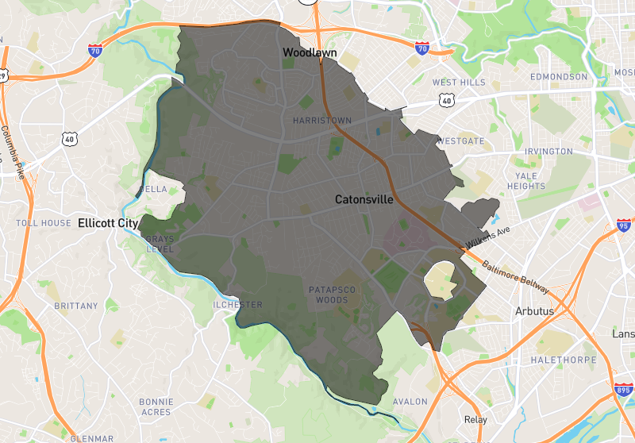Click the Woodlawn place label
coord(310,52)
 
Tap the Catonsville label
coord(364,199)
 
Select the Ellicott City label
coord(108,223)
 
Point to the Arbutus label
coord(534,310)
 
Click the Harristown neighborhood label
coord(321,121)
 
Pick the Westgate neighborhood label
coord(460,141)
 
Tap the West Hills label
coord(458,83)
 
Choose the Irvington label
coord(548,152)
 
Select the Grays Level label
coord(159,244)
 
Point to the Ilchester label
coord(237,305)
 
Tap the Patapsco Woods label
coord(333,295)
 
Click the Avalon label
coord(410,402)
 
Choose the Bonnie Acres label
coord(156,407)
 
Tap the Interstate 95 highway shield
coord(624,226)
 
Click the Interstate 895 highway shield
coord(623,390)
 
